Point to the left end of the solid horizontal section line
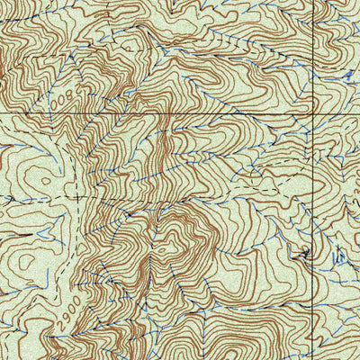pyautogui.click(x=1, y=113)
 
